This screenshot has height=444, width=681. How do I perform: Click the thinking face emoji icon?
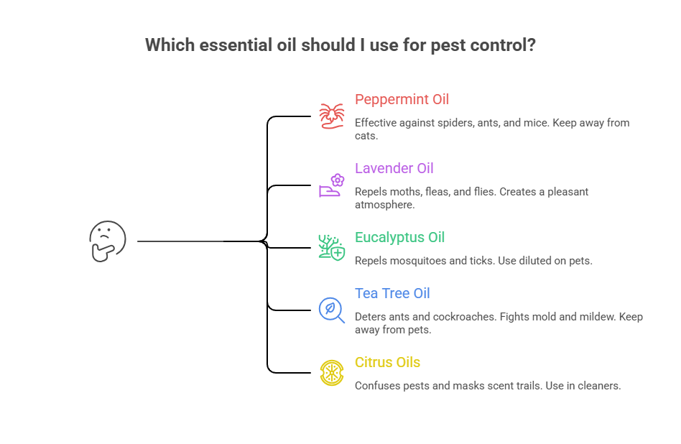pyautogui.click(x=107, y=241)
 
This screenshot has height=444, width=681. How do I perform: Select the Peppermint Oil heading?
pyautogui.click(x=402, y=99)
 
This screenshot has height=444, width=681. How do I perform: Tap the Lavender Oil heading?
pyautogui.click(x=394, y=168)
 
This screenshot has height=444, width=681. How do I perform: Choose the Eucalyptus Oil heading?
pyautogui.click(x=399, y=237)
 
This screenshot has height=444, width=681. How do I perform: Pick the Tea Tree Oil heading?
pyautogui.click(x=392, y=293)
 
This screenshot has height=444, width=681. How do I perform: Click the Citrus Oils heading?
pyautogui.click(x=387, y=362)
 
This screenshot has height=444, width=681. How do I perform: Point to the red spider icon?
pyautogui.click(x=332, y=116)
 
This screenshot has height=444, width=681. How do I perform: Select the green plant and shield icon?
pyautogui.click(x=332, y=247)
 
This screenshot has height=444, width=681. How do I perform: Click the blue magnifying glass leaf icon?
pyautogui.click(x=332, y=310)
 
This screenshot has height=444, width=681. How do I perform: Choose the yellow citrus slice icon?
pyautogui.click(x=332, y=372)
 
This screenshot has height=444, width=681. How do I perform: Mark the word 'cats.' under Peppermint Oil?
pyautogui.click(x=367, y=136)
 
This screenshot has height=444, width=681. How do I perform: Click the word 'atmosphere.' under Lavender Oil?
pyautogui.click(x=385, y=205)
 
